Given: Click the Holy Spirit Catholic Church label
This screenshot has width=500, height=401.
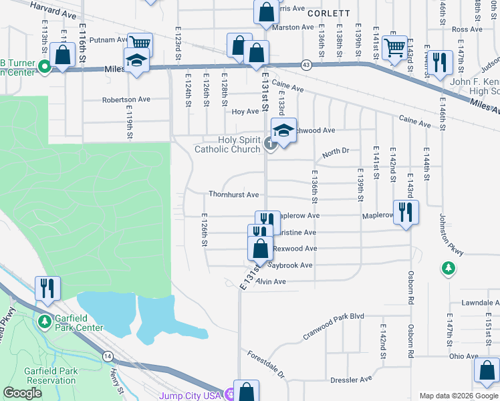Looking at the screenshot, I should click(227, 144).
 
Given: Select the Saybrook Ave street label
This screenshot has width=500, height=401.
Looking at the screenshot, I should click(290, 265).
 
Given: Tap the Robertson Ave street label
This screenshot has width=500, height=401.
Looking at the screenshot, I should click(126, 100).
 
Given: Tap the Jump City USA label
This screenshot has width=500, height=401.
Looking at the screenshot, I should click(190, 396).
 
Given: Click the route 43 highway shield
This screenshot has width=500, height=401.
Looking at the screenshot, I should click(306, 65).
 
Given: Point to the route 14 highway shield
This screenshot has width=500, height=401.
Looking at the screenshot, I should click(108, 357).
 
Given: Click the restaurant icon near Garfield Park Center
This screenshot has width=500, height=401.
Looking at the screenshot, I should click(47, 287).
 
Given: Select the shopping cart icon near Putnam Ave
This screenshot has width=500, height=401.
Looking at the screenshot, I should click(140, 45).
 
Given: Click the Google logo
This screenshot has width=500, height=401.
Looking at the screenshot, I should click(22, 393).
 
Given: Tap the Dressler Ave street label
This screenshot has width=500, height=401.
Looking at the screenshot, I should click(351, 379).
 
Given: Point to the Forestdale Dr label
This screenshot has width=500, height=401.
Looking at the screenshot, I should click(265, 364).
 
